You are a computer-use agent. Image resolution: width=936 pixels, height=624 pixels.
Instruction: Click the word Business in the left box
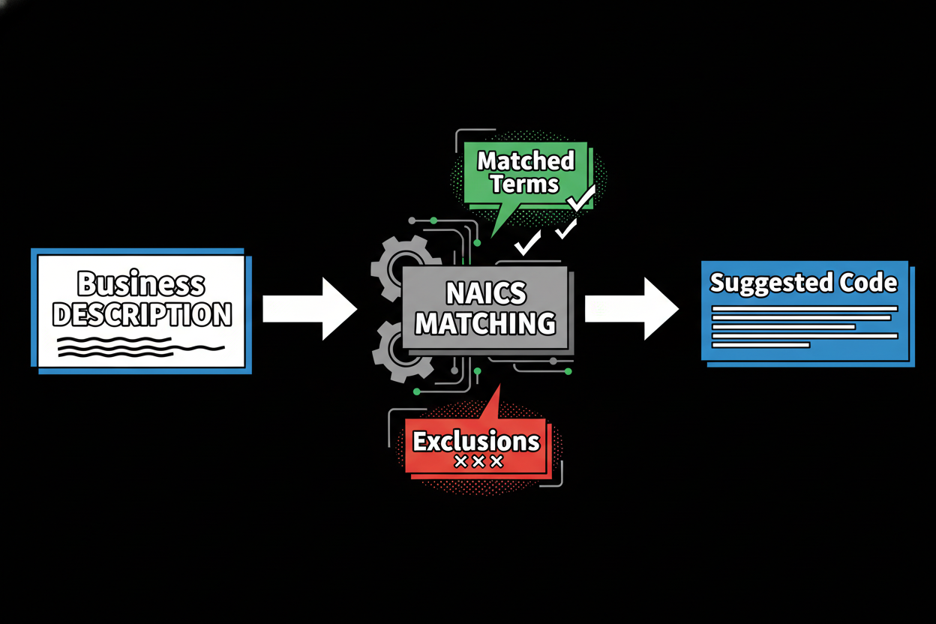coord(141,284)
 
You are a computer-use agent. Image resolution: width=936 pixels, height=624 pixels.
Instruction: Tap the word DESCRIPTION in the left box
coord(142,315)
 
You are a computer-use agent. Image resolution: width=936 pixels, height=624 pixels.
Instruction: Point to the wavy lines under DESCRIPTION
coord(141,346)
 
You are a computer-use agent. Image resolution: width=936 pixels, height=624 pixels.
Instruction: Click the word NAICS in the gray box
coord(486,293)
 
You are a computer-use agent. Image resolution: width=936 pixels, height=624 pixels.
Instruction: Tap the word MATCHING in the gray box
coord(486,323)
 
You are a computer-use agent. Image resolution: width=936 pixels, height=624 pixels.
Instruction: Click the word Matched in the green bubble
coord(526,160)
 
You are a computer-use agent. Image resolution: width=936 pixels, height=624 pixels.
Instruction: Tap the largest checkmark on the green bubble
coord(581,199)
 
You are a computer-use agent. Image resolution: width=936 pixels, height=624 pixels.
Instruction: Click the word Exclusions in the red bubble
coord(476,440)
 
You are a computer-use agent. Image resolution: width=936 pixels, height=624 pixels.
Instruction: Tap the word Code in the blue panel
coord(869,283)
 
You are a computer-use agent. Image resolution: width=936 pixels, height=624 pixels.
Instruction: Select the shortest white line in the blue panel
coord(760,345)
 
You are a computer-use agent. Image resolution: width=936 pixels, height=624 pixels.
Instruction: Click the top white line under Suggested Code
coord(804,308)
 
